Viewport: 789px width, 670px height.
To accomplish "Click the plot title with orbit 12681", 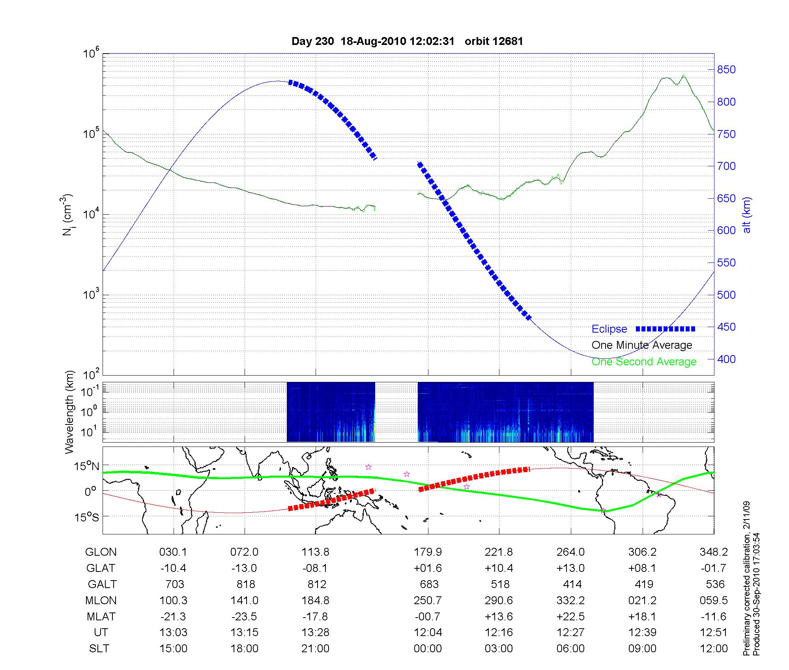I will point(407,41).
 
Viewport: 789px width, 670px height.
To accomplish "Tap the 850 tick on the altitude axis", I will point(726,70).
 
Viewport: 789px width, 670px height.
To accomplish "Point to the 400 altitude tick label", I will point(726,359).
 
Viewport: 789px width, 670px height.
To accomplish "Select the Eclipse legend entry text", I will point(609,329).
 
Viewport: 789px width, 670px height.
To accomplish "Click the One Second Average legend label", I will point(644,362).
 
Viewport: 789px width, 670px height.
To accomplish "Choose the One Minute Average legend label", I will point(642,345).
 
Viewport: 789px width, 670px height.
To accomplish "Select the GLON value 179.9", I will point(428,552).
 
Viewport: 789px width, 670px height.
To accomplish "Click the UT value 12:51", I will point(714,632).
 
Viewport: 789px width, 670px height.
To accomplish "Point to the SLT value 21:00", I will point(315,648).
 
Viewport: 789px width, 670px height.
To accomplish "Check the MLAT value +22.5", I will point(571,616).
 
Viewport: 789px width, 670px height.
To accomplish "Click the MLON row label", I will point(101,600).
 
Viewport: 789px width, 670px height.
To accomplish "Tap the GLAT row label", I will point(101,568).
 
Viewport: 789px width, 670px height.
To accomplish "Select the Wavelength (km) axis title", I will point(69,412).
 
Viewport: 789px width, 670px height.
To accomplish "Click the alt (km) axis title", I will point(747,215).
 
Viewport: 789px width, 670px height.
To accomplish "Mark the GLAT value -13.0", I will point(244,568).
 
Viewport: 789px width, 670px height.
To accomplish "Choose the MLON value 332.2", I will point(571,600).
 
